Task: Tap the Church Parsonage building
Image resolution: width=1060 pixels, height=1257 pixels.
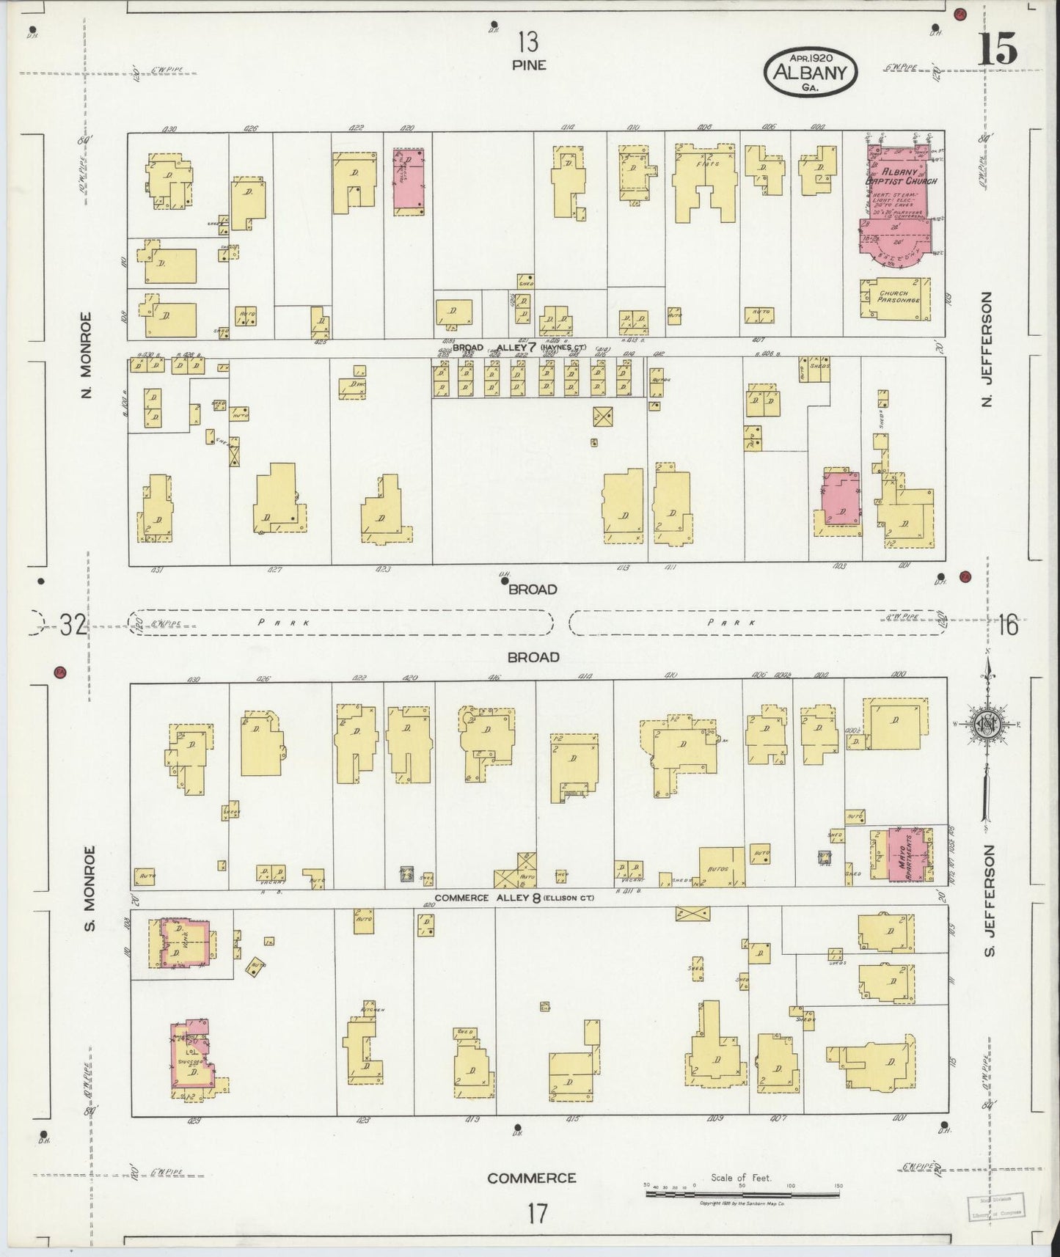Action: point(895,297)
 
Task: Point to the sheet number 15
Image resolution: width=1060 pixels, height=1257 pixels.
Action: point(997,50)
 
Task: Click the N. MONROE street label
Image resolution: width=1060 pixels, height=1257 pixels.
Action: point(87,355)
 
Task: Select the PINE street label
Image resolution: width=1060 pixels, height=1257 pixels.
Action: point(529,65)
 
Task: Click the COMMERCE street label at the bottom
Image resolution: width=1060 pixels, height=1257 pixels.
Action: point(532,1178)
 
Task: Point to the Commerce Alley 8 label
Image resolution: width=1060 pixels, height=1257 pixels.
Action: point(513,897)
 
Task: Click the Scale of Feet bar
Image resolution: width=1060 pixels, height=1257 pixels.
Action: point(742,1194)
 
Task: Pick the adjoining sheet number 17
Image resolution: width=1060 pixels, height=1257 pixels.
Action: point(536,1213)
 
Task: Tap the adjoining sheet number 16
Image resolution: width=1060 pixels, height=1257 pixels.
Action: point(1009,626)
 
